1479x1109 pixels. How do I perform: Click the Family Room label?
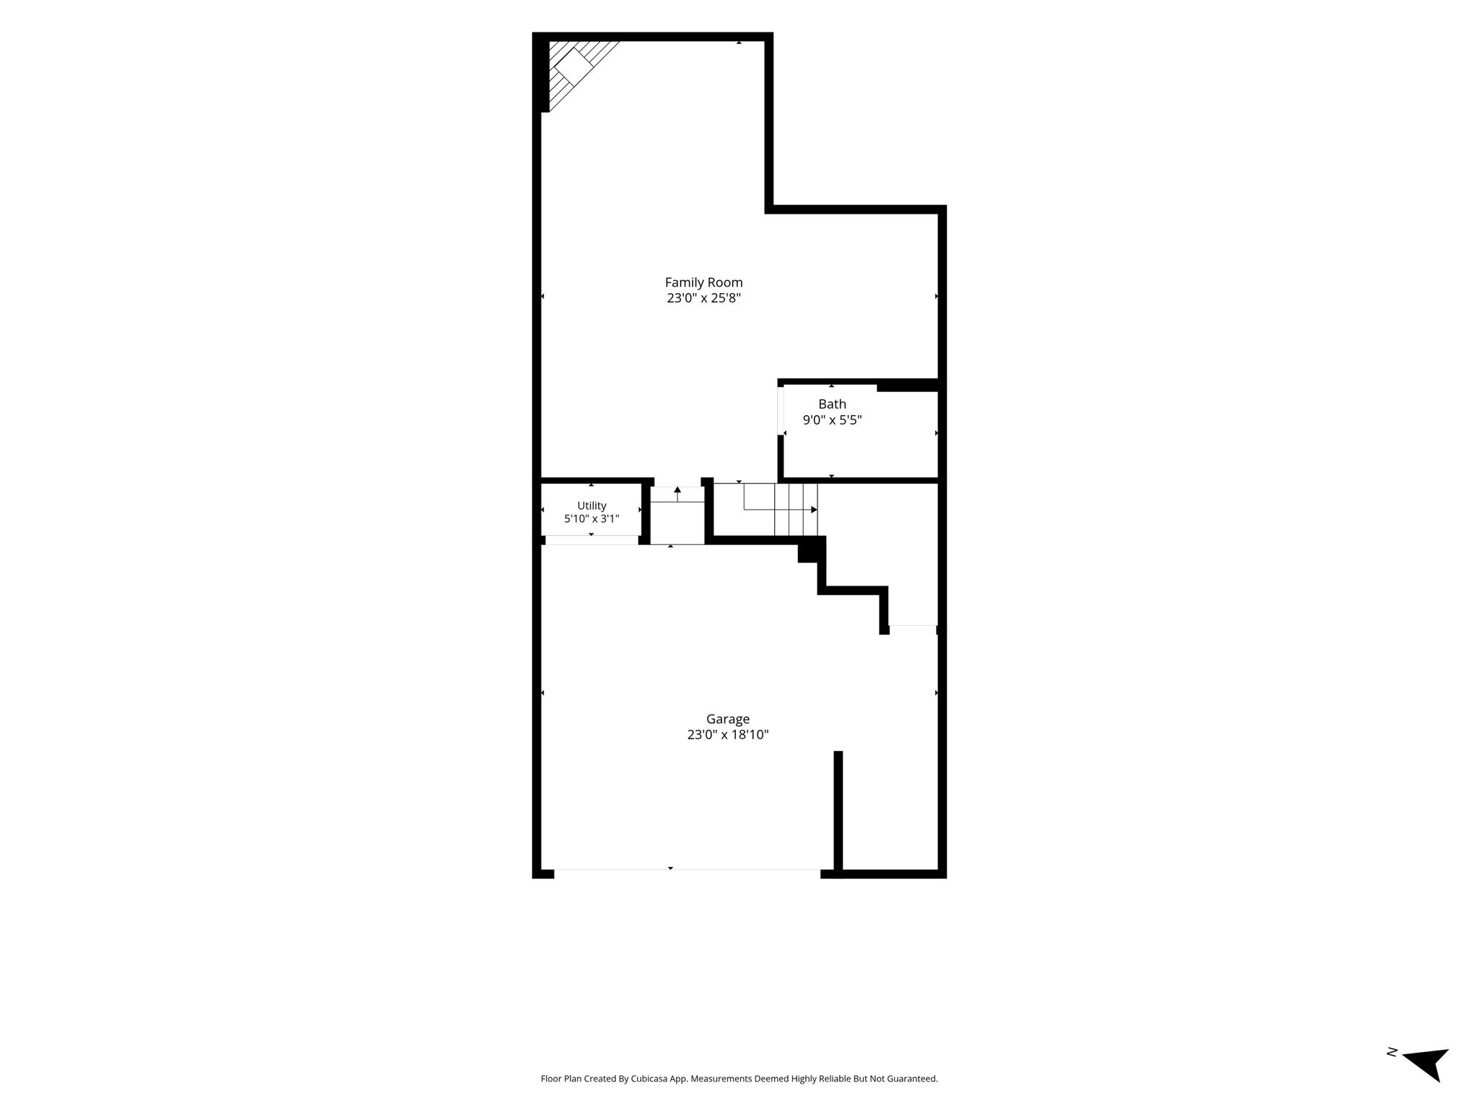(x=703, y=282)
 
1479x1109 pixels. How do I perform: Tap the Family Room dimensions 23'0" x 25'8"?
(x=703, y=297)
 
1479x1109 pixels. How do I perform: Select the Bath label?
(x=832, y=404)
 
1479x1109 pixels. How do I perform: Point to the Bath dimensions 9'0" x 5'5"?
(x=832, y=419)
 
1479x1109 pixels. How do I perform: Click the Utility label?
(x=591, y=505)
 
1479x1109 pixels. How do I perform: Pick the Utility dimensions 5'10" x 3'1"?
(x=591, y=518)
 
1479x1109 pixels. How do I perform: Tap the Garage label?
(x=727, y=719)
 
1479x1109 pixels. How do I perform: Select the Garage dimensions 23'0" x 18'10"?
(x=727, y=735)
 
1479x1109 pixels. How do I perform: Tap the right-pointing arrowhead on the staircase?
(x=814, y=510)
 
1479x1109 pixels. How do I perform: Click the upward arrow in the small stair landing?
(x=677, y=494)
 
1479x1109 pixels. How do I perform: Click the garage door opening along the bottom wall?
(x=687, y=869)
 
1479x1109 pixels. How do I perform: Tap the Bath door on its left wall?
(x=781, y=412)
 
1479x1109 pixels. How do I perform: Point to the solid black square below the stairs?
(x=810, y=550)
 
